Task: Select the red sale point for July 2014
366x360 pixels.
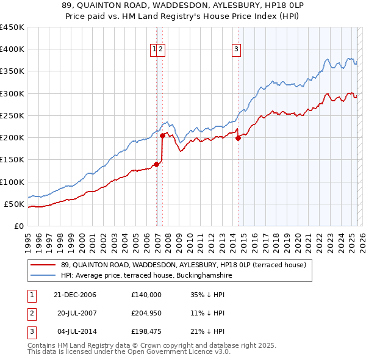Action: (238, 138)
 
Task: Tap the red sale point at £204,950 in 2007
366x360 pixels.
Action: (163, 135)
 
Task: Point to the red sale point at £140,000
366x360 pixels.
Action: (157, 164)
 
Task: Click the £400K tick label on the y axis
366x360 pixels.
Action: (12, 49)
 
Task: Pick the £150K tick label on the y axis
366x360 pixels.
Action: (12, 160)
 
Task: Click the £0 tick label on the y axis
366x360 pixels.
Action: (19, 226)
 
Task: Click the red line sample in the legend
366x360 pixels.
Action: (43, 265)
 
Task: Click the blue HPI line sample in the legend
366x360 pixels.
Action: (43, 276)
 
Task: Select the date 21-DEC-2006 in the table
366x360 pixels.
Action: (74, 295)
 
